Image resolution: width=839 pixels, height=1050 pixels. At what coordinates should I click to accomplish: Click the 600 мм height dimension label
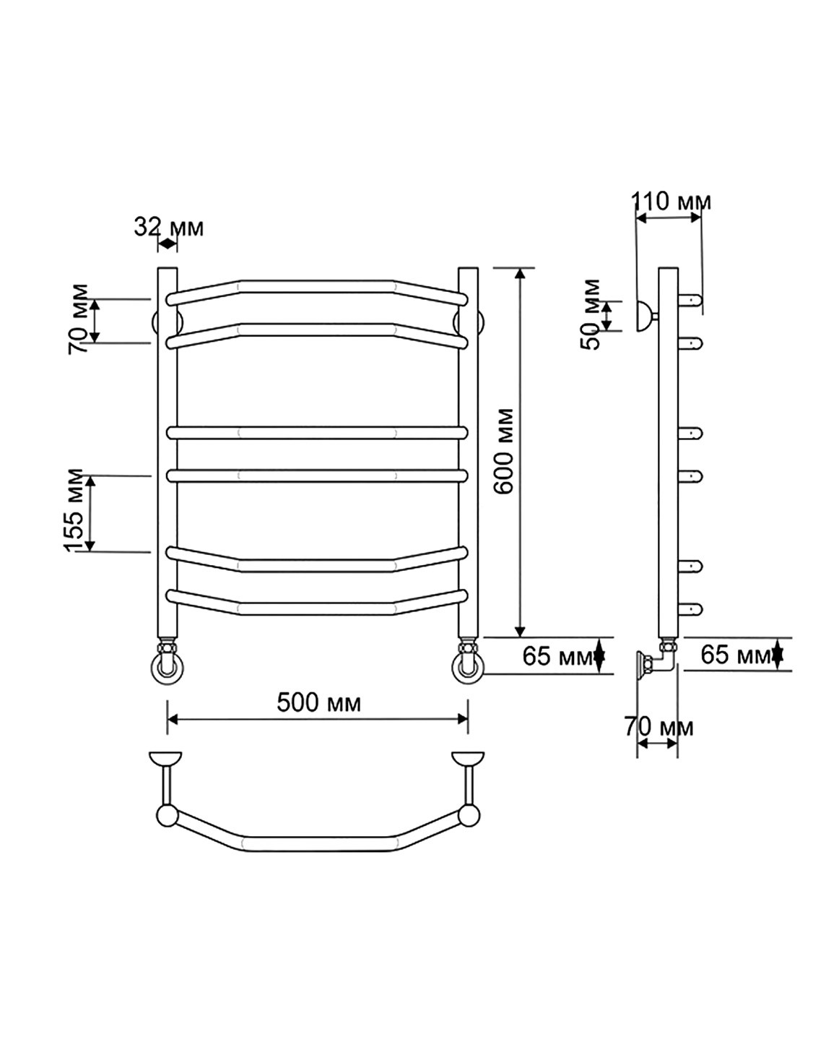pyautogui.click(x=503, y=452)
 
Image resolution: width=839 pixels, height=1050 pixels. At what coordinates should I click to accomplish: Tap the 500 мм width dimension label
pyautogui.click(x=319, y=703)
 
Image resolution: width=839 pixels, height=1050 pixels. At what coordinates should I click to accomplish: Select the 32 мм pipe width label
pyautogui.click(x=169, y=227)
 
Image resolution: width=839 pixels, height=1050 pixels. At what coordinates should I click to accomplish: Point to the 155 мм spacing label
pyautogui.click(x=74, y=510)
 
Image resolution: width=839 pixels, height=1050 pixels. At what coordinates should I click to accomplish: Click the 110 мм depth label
pyautogui.click(x=671, y=201)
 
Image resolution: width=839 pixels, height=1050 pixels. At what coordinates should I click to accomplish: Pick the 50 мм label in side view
pyautogui.click(x=591, y=314)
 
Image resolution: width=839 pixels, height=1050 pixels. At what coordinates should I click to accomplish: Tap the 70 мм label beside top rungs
pyautogui.click(x=79, y=319)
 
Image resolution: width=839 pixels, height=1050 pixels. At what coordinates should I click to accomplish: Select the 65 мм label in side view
pyautogui.click(x=736, y=654)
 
